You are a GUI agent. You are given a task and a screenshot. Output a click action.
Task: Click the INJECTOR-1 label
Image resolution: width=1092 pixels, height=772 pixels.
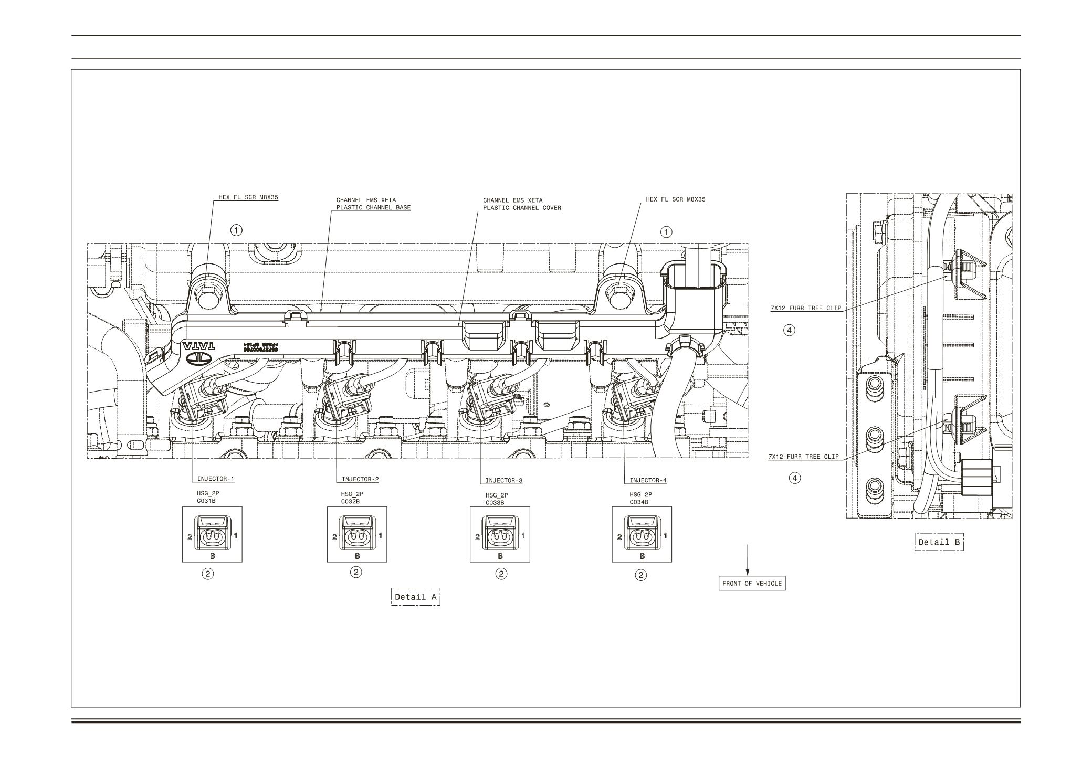pyautogui.click(x=215, y=479)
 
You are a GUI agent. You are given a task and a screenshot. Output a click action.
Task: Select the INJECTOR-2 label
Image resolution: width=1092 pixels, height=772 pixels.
pyautogui.click(x=360, y=480)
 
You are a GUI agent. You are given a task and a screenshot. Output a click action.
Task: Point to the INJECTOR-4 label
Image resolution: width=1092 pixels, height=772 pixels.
pyautogui.click(x=648, y=481)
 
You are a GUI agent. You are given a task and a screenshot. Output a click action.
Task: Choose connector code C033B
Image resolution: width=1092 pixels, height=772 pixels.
pyautogui.click(x=495, y=502)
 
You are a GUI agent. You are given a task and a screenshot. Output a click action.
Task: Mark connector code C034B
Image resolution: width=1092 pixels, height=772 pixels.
pyautogui.click(x=639, y=502)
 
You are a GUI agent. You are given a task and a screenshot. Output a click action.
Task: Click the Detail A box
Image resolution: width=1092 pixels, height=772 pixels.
pyautogui.click(x=415, y=597)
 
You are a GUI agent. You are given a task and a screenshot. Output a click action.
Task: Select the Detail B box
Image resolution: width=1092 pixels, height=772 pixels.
pyautogui.click(x=939, y=542)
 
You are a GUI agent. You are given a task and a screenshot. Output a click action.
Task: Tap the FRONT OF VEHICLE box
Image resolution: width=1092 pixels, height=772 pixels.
pyautogui.click(x=752, y=584)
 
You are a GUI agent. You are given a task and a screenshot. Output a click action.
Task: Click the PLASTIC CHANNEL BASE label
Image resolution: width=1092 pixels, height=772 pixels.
pyautogui.click(x=373, y=208)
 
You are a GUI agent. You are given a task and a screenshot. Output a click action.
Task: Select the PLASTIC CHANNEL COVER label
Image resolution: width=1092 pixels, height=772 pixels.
pyautogui.click(x=522, y=208)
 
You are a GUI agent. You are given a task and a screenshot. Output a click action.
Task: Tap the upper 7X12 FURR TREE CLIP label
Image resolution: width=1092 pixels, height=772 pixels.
pyautogui.click(x=805, y=308)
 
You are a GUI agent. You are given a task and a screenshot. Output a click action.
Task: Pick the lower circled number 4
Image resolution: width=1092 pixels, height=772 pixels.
pyautogui.click(x=796, y=478)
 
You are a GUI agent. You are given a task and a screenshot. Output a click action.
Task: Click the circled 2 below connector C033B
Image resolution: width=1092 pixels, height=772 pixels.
pyautogui.click(x=501, y=574)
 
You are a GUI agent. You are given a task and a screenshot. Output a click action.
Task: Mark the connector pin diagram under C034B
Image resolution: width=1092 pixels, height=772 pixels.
pyautogui.click(x=642, y=535)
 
